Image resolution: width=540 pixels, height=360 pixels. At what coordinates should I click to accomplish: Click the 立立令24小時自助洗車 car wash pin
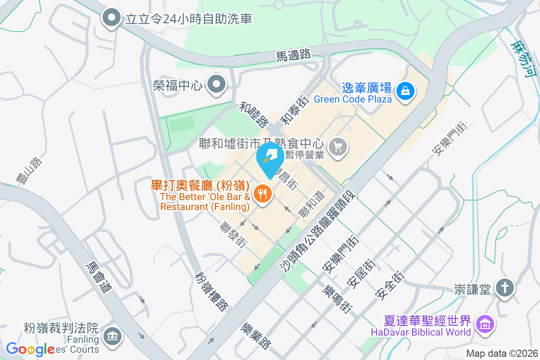pos(111,18)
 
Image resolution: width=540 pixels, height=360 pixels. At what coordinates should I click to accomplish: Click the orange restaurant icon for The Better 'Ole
pos(262,194)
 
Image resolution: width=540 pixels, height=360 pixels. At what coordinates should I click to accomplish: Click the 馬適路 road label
pos(293,55)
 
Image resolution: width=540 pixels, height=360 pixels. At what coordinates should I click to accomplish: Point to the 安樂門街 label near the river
pos(450,139)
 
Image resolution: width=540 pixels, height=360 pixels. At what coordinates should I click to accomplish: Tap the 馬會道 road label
pos(99,278)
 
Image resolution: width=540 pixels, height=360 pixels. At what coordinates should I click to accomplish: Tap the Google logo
pos(31,349)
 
